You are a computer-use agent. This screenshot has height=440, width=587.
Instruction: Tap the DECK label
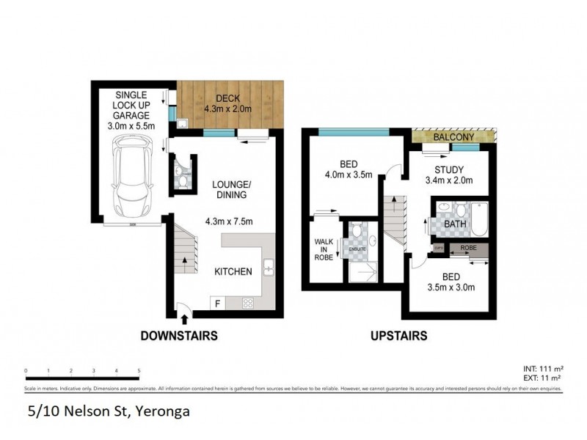point(227,99)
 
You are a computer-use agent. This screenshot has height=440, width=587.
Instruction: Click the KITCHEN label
point(233,271)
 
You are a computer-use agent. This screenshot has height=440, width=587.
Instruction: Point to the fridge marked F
point(218,302)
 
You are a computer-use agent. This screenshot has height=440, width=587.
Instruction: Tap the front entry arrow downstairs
point(183,317)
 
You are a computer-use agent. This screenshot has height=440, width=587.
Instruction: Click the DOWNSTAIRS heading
point(179,336)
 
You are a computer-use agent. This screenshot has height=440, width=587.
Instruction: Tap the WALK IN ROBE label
point(324,249)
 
